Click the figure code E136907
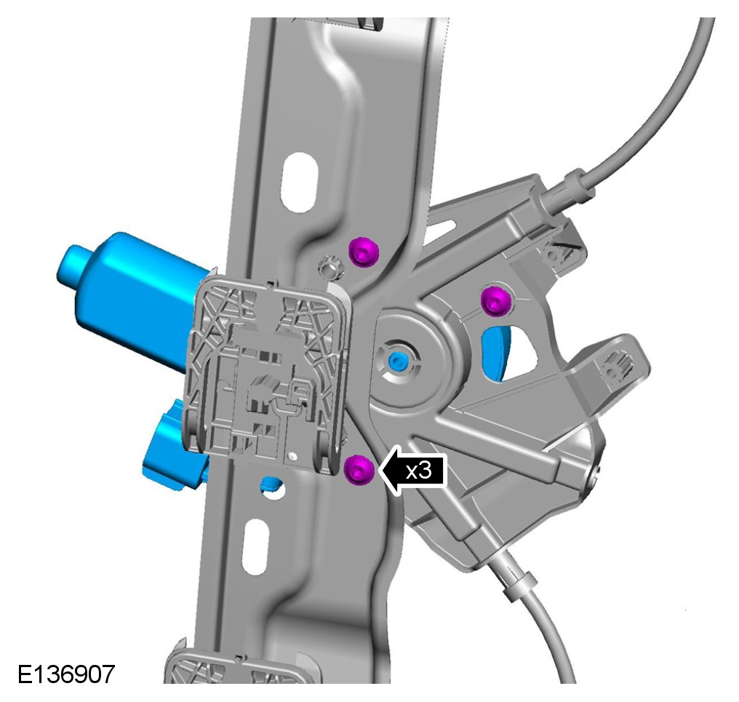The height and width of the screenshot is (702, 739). (66, 674)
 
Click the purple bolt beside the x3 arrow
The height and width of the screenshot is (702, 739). (359, 470)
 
